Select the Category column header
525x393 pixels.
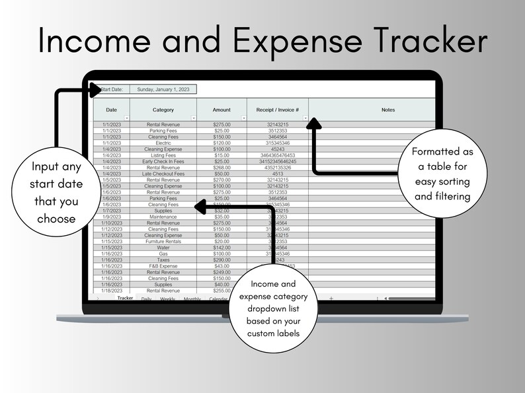click(163, 110)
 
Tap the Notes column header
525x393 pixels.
click(387, 110)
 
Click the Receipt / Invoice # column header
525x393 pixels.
click(277, 110)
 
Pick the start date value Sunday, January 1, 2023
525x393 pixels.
click(162, 89)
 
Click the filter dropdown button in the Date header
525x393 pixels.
click(126, 118)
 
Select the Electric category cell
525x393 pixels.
click(163, 143)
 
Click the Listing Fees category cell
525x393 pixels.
click(163, 155)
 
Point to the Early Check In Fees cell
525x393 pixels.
click(163, 161)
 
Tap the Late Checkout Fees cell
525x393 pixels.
click(163, 174)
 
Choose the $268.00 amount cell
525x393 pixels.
click(222, 167)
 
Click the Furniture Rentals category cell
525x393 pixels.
click(163, 242)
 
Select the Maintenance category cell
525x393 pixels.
click(163, 217)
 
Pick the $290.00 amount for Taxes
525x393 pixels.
click(222, 260)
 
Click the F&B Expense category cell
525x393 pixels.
click(163, 266)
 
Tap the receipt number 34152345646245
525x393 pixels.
click(277, 161)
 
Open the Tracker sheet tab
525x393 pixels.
click(125, 299)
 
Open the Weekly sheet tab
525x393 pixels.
click(168, 299)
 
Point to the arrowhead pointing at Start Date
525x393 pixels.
click(95, 90)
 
